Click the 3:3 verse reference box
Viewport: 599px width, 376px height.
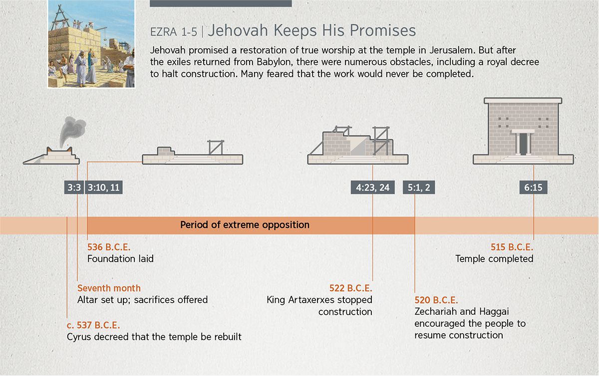74,188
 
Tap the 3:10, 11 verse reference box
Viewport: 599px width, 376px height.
104,188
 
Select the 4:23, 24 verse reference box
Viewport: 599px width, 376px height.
372,188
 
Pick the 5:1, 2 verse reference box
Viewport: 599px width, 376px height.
419,188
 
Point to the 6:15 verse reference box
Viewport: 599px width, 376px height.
533,188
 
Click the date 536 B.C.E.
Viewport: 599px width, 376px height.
109,247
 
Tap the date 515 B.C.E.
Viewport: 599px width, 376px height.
512,247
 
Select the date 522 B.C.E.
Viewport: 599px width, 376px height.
351,288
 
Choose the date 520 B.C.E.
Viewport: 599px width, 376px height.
436,300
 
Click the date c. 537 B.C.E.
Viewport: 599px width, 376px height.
93,325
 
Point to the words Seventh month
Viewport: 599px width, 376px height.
109,288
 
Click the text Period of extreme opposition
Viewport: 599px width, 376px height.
245,225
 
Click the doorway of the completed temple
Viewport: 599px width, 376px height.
523,144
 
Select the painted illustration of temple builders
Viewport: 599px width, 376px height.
91,44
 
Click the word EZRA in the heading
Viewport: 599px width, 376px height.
164,32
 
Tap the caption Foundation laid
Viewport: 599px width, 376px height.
121,259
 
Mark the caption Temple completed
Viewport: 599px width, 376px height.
495,259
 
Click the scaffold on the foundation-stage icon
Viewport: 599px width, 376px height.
216,148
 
